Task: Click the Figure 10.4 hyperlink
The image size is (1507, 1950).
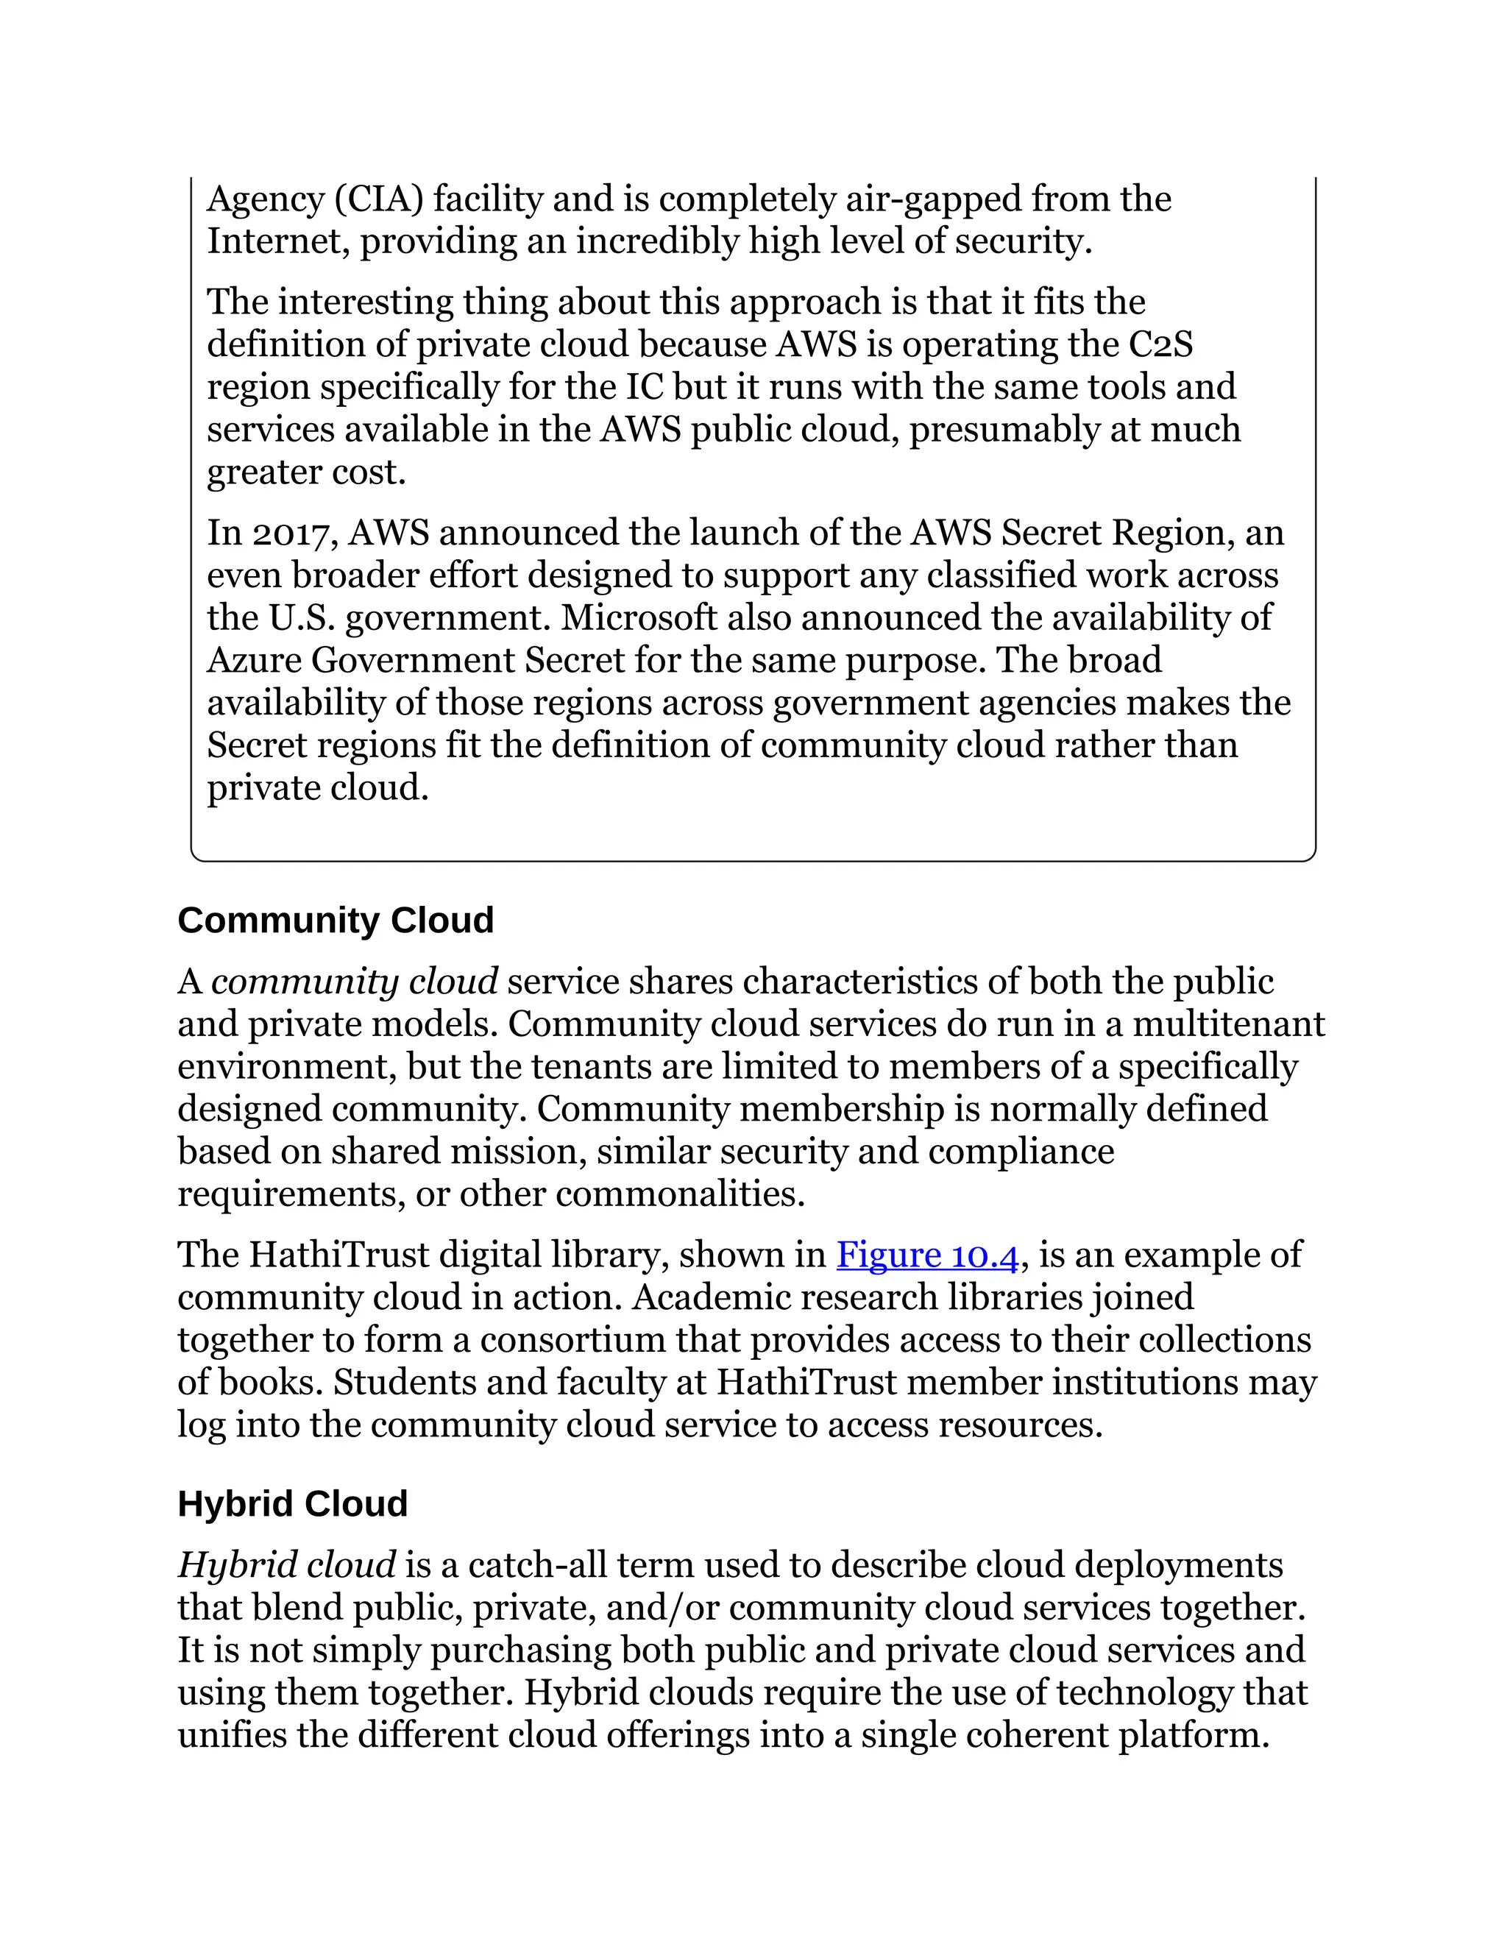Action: point(926,1255)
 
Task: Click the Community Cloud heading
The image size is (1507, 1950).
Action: point(336,921)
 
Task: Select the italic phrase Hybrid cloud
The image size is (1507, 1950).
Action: point(286,1565)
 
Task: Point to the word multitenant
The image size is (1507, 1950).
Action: point(1228,1024)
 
